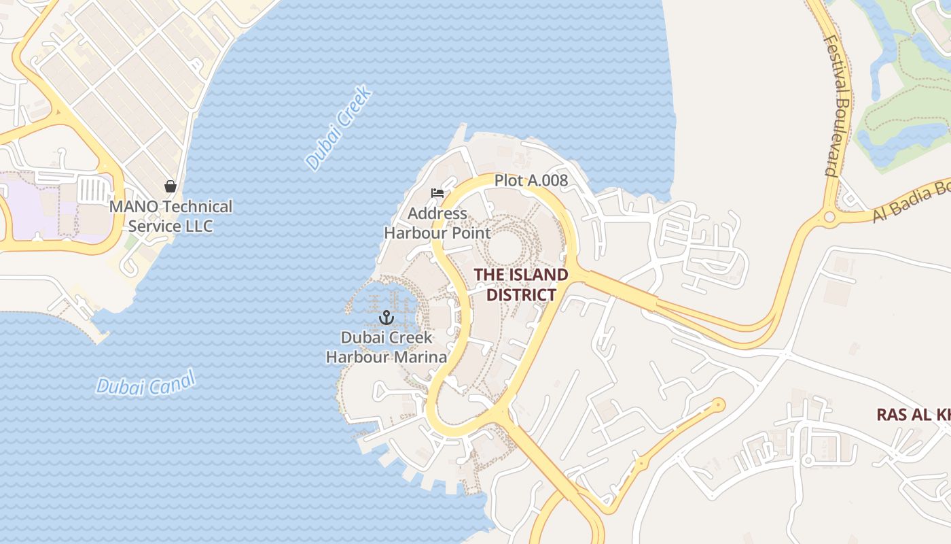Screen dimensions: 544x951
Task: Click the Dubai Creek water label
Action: [x=338, y=128]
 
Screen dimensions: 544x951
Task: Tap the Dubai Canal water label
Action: [x=145, y=384]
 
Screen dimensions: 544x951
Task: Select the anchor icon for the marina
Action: [x=387, y=318]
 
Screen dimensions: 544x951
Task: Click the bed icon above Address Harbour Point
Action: [x=437, y=193]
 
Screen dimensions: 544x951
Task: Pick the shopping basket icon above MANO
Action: [x=171, y=186]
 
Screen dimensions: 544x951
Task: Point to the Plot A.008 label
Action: [x=531, y=180]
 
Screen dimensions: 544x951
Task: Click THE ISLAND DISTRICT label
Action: [x=521, y=284]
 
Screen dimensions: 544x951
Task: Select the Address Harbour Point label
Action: [x=437, y=223]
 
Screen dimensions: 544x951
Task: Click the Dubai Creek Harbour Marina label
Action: [x=387, y=347]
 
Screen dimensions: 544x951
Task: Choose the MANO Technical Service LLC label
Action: [x=171, y=216]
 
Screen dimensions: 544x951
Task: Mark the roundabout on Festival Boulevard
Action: [x=829, y=218]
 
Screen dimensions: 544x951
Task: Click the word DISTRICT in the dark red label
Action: [x=521, y=294]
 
